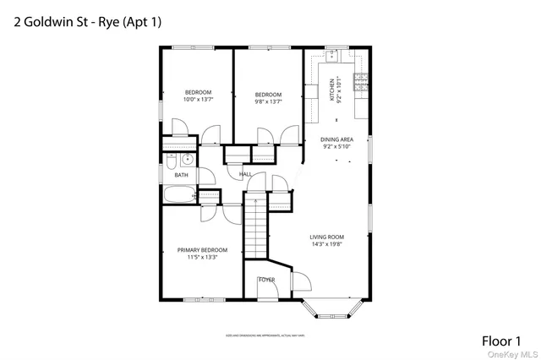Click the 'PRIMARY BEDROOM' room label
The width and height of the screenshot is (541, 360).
(202, 250)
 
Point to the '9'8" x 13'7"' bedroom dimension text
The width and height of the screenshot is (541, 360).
(268, 101)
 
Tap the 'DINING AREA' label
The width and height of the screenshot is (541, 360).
(337, 139)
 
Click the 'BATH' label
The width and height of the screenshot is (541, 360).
(181, 175)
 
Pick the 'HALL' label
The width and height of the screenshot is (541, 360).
(245, 174)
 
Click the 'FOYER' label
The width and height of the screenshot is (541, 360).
(266, 279)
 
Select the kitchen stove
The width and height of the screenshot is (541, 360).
(361, 81)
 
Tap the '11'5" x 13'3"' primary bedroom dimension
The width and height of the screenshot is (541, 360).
(202, 258)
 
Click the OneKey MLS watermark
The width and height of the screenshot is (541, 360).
(516, 354)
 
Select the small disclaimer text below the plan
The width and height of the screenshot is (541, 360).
(265, 335)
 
